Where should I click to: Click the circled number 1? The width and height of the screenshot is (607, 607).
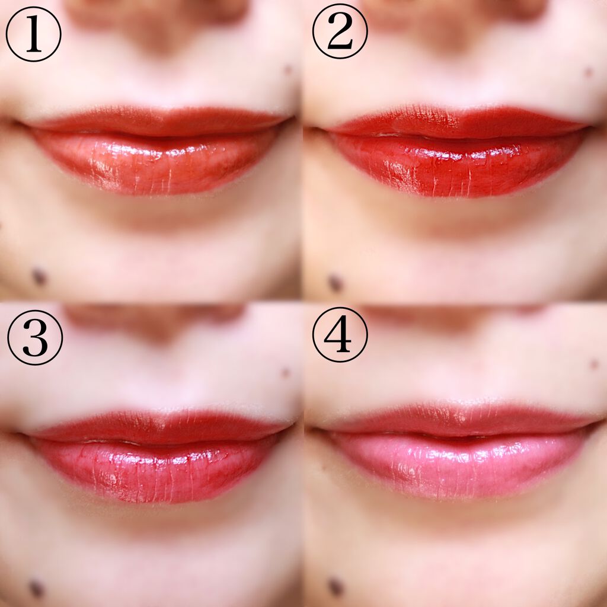tap(34, 34)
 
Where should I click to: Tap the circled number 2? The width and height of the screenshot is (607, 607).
tap(340, 31)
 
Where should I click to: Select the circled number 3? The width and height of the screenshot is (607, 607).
tap(35, 337)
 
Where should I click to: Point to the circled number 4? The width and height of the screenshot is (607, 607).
tap(340, 334)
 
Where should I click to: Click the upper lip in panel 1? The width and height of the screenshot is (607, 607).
tap(159, 121)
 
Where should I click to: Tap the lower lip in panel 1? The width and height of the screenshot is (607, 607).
tap(155, 162)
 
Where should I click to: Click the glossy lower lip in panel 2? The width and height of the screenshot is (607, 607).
tap(457, 165)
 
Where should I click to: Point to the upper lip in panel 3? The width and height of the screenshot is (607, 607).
tap(159, 427)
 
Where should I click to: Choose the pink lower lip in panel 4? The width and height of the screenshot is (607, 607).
tap(457, 465)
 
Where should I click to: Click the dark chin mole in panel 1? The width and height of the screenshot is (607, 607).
tap(39, 277)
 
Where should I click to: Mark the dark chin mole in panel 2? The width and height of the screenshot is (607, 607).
tap(336, 283)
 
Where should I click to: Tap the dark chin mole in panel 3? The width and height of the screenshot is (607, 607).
tap(36, 588)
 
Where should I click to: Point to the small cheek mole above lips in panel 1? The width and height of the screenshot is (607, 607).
tap(289, 70)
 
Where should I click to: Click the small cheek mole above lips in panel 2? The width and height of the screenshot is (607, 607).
tap(589, 72)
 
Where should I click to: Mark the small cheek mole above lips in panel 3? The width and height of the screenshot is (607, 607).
tap(285, 373)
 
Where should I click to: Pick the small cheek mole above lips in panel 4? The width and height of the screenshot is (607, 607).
tap(594, 364)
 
